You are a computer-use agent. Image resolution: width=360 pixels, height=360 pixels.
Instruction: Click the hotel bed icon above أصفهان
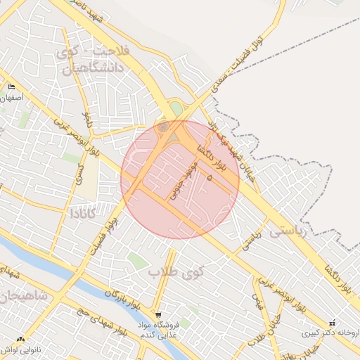pos(11,86)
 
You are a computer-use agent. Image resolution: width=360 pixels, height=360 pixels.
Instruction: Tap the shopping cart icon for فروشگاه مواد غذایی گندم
pos(158,315)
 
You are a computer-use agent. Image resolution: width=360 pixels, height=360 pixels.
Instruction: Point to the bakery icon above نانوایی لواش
pos(20,339)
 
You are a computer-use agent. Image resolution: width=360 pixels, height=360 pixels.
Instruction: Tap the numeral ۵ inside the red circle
pos(210,177)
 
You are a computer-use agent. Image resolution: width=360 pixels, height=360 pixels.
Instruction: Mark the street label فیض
pos(257,303)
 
